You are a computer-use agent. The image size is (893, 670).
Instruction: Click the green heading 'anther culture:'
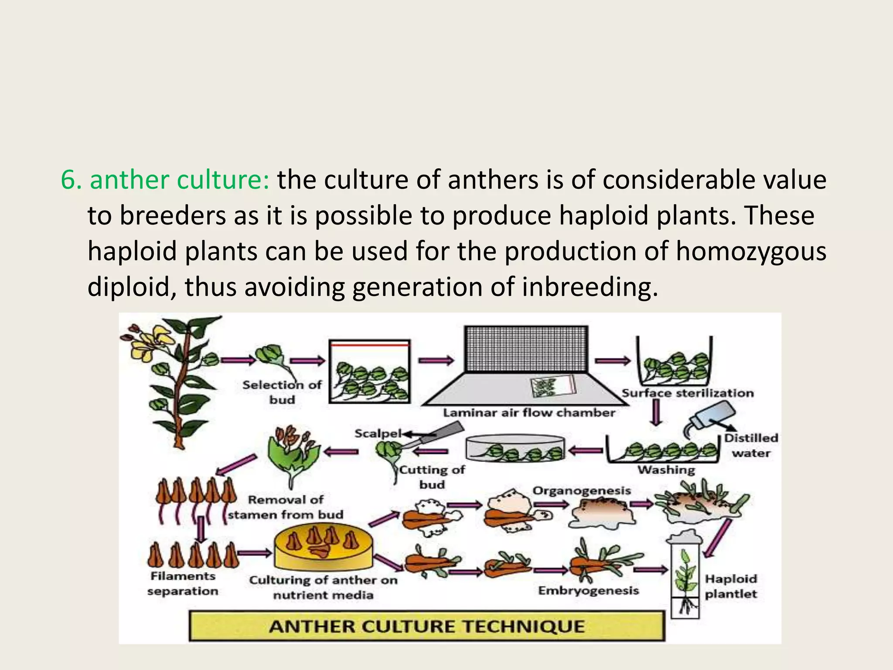180,181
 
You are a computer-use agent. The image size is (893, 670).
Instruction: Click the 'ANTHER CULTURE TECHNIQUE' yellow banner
427,626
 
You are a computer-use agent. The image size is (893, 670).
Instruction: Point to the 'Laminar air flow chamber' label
529,413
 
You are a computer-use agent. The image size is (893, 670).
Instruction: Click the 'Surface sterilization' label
688,393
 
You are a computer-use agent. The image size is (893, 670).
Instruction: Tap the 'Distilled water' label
751,445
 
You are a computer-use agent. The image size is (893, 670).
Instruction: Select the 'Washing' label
666,470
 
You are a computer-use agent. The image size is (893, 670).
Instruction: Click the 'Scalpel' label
378,434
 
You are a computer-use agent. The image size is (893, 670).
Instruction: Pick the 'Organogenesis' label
582,491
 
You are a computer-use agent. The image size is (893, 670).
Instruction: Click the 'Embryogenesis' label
588,591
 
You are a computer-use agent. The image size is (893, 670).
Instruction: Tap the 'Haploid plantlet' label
731,586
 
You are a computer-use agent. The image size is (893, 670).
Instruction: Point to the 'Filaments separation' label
183,584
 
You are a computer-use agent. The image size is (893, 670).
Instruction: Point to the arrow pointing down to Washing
656,412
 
